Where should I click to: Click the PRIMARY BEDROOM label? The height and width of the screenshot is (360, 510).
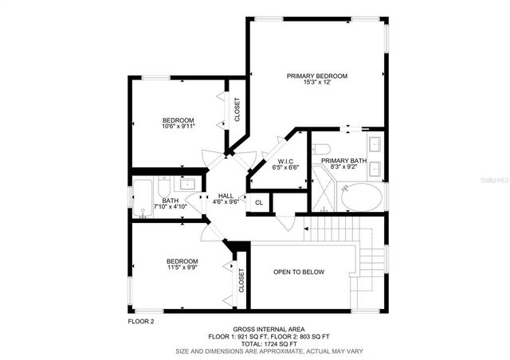click(317, 76)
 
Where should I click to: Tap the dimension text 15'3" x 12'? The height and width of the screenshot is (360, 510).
click(317, 84)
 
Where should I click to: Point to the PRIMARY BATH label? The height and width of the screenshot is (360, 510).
click(344, 161)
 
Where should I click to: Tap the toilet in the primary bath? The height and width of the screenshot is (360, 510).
click(321, 149)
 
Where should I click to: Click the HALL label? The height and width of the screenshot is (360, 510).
click(226, 195)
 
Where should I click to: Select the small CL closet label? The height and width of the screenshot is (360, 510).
click(259, 202)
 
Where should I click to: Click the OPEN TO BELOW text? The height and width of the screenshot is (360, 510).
click(299, 272)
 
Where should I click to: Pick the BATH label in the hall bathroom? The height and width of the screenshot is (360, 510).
click(170, 201)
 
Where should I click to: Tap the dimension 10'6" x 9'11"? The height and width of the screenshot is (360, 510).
click(178, 126)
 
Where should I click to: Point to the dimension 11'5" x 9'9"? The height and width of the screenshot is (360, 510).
click(182, 268)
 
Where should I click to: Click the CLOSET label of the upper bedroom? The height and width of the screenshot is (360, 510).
click(237, 110)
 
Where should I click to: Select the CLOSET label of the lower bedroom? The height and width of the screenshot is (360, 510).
click(241, 283)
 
